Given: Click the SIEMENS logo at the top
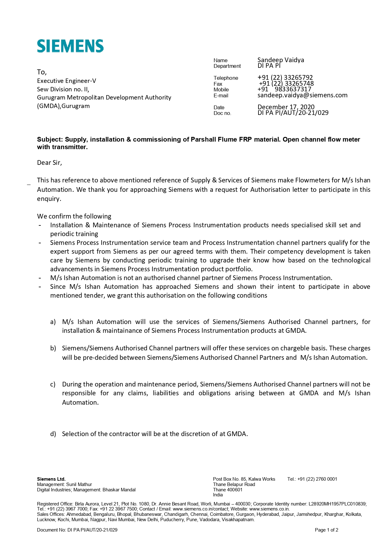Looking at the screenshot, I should [x=70, y=46].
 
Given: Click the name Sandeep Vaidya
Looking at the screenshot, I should [x=280, y=60].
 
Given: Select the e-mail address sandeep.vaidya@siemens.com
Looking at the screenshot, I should [x=302, y=95].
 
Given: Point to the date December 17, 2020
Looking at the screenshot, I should [x=286, y=107].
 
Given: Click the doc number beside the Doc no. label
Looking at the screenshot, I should [x=293, y=113].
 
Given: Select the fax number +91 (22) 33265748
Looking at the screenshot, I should [x=286, y=84].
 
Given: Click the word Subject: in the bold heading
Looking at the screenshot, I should [x=50, y=139].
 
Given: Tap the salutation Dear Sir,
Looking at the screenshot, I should [x=50, y=163].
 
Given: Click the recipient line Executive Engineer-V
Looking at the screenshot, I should [x=67, y=81].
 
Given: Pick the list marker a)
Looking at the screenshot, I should [x=53, y=322].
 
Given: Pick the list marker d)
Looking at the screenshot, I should [x=53, y=434].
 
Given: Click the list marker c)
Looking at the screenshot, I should [x=53, y=384].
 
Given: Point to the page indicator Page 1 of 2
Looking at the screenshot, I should [x=326, y=530].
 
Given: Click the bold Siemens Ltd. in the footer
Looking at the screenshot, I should [x=51, y=479].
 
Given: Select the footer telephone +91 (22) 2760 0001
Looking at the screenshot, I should [x=317, y=479].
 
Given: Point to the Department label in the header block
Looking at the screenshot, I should [x=227, y=66].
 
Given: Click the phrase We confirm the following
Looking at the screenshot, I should [x=74, y=216].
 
